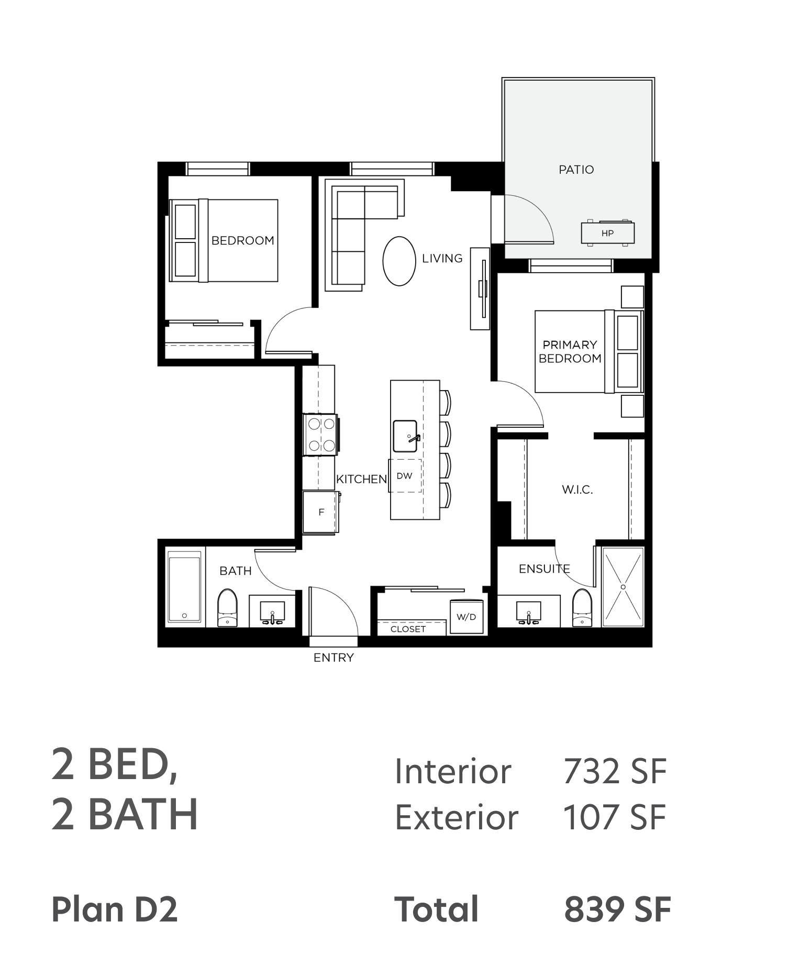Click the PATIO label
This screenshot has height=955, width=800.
(x=576, y=170)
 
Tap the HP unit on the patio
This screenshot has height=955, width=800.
(x=607, y=233)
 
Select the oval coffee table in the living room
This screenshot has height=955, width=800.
(x=399, y=261)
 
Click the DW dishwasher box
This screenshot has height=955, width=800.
(x=405, y=476)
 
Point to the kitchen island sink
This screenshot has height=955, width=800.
(x=406, y=436)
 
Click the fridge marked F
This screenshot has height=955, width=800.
(x=321, y=512)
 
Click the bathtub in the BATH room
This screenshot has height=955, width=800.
(x=184, y=586)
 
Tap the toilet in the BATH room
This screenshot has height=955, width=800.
(x=227, y=607)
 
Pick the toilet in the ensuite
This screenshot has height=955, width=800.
(x=582, y=607)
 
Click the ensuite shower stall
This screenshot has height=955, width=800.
(x=623, y=586)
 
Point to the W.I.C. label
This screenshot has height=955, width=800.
(x=577, y=490)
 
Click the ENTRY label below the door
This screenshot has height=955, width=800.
(x=334, y=658)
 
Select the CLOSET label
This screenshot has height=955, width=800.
(x=408, y=629)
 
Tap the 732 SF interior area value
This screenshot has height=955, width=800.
(x=615, y=771)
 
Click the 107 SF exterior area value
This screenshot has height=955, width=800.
(x=615, y=817)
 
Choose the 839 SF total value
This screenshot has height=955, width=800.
(x=617, y=909)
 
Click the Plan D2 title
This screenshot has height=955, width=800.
(x=115, y=909)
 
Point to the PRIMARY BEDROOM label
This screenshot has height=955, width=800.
(x=570, y=352)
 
